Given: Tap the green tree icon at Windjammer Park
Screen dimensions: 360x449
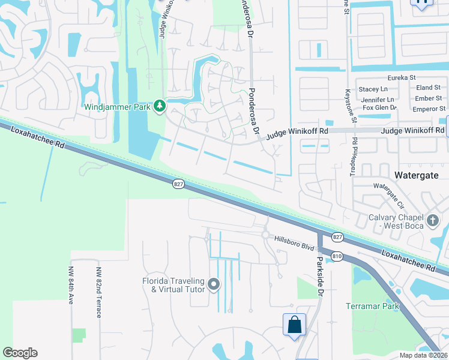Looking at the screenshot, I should click(x=159, y=106).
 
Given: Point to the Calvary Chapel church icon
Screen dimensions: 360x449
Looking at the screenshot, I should click(x=432, y=221).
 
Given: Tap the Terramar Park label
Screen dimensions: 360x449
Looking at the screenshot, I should click(x=372, y=306).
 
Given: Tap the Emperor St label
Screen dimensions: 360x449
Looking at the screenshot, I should click(x=429, y=109).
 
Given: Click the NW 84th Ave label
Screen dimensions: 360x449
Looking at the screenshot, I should click(x=71, y=285).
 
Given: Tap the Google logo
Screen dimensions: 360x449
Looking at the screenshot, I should click(x=20, y=353).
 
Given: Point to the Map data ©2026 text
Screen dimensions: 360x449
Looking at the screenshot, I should click(x=423, y=355).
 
